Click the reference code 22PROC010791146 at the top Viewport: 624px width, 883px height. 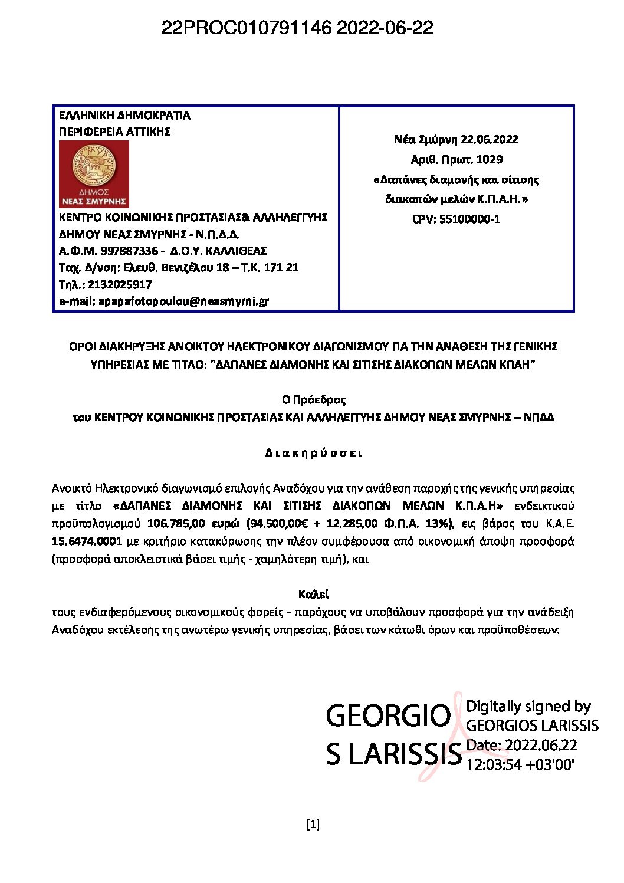pos(246,28)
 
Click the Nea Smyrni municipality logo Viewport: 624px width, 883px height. pos(94,174)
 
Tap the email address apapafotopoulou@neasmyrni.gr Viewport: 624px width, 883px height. pos(183,301)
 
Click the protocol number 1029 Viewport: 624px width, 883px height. pos(489,159)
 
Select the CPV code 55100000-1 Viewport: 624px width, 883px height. pos(469,219)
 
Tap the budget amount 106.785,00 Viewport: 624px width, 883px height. pos(175,523)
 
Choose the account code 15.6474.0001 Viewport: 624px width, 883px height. pos(87,541)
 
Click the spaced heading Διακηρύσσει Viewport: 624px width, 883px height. pos(313,453)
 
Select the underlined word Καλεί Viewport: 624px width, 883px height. pos(313,594)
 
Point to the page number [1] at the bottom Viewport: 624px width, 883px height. pos(313,824)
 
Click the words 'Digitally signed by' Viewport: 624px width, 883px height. pos(528,706)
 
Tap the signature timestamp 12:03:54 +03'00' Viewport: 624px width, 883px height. pos(520,764)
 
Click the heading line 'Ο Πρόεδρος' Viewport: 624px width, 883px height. pos(313,400)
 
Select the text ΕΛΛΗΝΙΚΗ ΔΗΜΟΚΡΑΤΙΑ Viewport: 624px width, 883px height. pos(124,115)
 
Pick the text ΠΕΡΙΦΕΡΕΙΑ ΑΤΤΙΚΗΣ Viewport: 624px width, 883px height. pos(115,132)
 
